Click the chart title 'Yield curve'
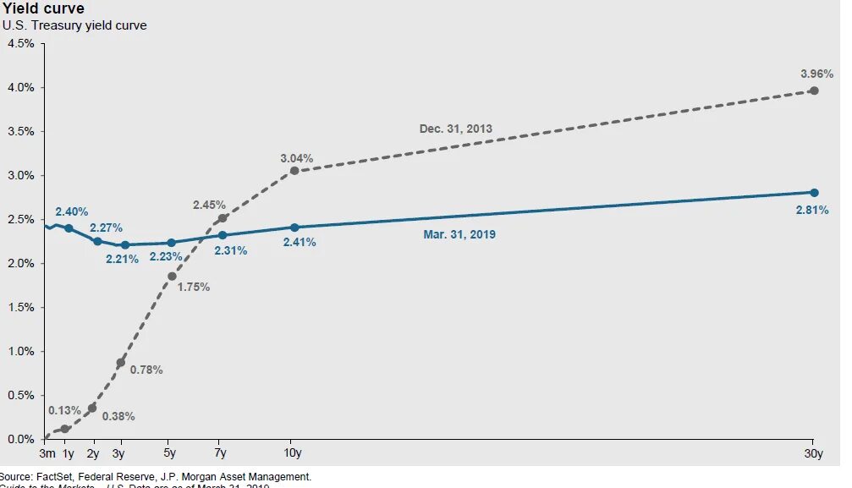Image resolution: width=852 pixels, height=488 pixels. pos(43,9)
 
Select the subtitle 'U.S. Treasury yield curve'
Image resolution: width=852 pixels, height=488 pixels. pos(74,25)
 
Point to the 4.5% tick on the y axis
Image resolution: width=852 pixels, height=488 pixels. pos(20,43)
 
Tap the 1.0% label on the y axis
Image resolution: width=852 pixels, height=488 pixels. pos(20,351)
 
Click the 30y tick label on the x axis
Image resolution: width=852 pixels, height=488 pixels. pos(813,453)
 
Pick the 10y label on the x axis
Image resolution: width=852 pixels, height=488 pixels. pos(294,453)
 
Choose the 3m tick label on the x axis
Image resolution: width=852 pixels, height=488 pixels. pos(47,453)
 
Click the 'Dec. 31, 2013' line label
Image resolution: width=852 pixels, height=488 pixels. pos(455,129)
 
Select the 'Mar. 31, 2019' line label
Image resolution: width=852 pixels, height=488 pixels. pos(459,234)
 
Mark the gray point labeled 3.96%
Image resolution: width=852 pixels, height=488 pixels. pos(814,90)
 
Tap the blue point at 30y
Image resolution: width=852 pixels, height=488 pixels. pos(814,193)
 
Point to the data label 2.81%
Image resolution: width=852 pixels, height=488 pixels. pos(812,210)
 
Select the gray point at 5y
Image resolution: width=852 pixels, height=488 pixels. pos(172,277)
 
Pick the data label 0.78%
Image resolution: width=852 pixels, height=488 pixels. pos(146,370)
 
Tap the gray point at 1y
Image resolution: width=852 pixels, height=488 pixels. pos(65,429)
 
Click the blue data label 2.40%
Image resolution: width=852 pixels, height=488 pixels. pos(72,211)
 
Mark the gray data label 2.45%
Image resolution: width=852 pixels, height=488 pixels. pos(209,205)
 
